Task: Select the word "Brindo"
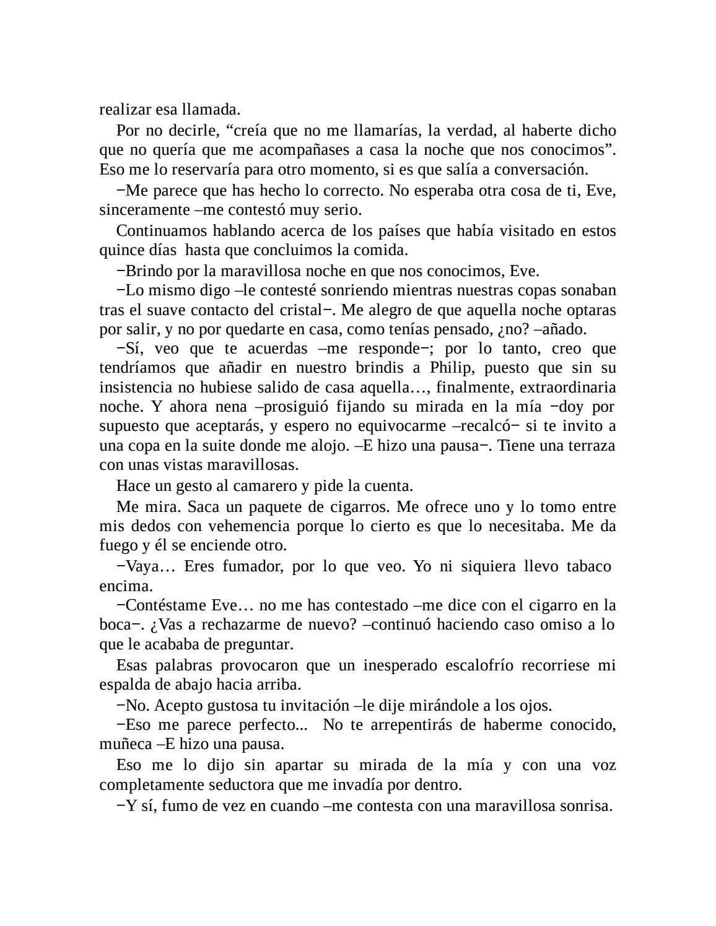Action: point(150,270)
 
